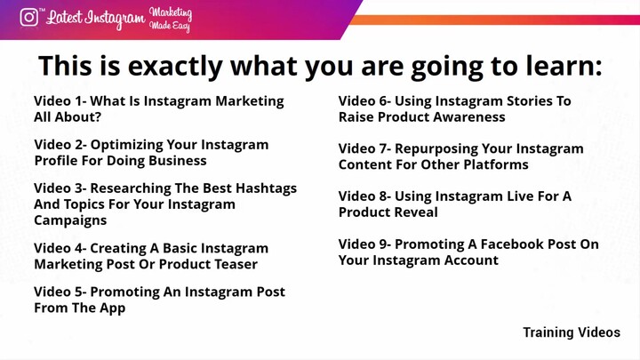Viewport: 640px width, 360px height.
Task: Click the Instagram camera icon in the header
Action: (29, 18)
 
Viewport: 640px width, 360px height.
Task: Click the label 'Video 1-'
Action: (60, 101)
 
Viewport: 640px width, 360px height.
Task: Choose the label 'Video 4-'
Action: (60, 248)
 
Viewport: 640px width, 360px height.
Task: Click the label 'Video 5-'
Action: (60, 292)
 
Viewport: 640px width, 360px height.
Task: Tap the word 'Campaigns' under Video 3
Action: (70, 220)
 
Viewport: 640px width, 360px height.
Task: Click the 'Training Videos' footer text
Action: (571, 332)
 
